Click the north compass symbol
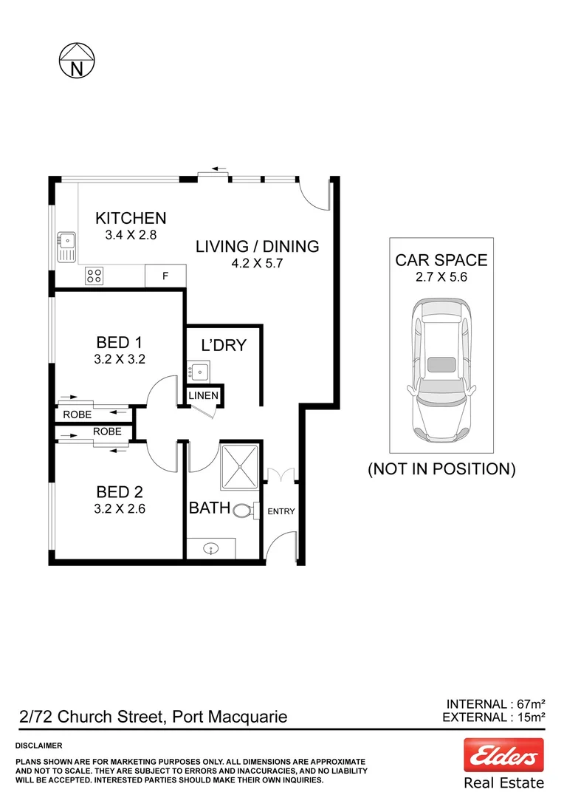click(x=77, y=60)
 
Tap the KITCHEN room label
click(x=131, y=218)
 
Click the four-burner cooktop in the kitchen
click(x=94, y=276)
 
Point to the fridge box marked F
click(x=165, y=276)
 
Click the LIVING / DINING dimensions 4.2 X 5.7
click(x=257, y=262)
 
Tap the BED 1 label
click(x=119, y=343)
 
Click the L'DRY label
click(x=224, y=345)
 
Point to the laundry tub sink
click(x=198, y=370)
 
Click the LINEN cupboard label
click(x=204, y=396)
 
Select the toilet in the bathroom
click(x=244, y=510)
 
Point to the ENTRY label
click(x=281, y=511)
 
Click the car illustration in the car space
click(x=441, y=370)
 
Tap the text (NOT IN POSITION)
click(x=441, y=468)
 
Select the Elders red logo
click(x=503, y=755)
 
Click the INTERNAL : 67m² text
click(x=496, y=703)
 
